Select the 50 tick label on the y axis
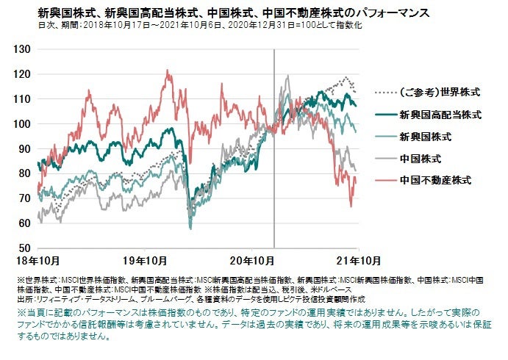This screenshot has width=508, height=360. pyautogui.click(x=24, y=248)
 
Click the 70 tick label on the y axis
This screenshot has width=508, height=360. pyautogui.click(x=24, y=198)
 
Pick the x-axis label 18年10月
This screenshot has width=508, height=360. pyautogui.click(x=38, y=262)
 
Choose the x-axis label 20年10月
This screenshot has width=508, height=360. pyautogui.click(x=251, y=262)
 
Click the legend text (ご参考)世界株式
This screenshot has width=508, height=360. pyautogui.click(x=438, y=93)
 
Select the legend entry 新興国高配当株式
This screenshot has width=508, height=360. pyautogui.click(x=440, y=115)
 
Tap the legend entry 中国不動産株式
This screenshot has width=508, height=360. pyautogui.click(x=434, y=179)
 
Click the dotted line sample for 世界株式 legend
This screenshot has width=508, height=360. pyautogui.click(x=382, y=93)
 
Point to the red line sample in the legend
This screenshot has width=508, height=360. pyautogui.click(x=382, y=179)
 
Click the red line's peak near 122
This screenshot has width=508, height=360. pyautogui.click(x=168, y=71)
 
